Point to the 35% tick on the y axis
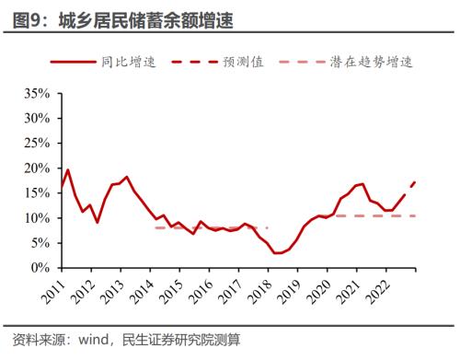click(x=36, y=94)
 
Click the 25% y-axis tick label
click(x=36, y=144)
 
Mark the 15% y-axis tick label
click(x=36, y=193)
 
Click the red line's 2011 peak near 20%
click(x=68, y=170)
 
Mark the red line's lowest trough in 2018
click(x=277, y=253)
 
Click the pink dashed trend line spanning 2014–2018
click(x=212, y=227)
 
